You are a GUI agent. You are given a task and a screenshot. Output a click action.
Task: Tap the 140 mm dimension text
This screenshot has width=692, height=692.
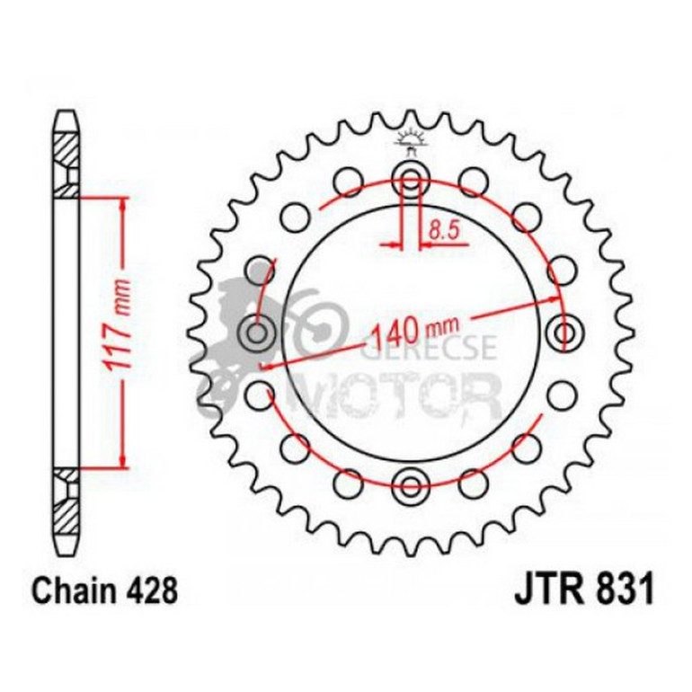413,334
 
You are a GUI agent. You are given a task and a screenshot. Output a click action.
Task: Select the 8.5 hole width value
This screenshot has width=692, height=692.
443,230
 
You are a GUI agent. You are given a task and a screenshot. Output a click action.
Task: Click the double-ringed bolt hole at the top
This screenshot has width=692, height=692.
411,177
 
